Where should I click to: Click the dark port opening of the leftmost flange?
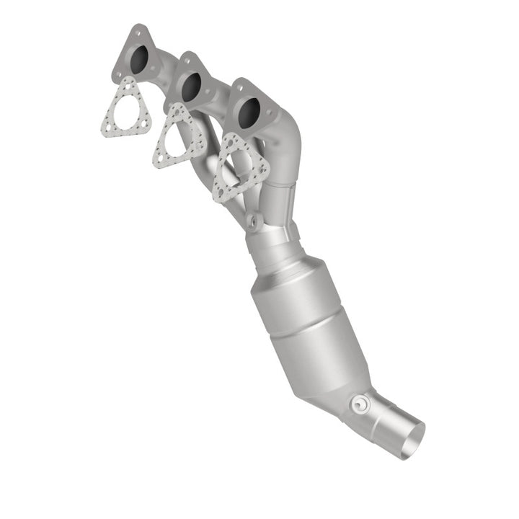(142, 58)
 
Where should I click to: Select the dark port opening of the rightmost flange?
(249, 110)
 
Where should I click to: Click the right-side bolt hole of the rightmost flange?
(271, 115)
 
